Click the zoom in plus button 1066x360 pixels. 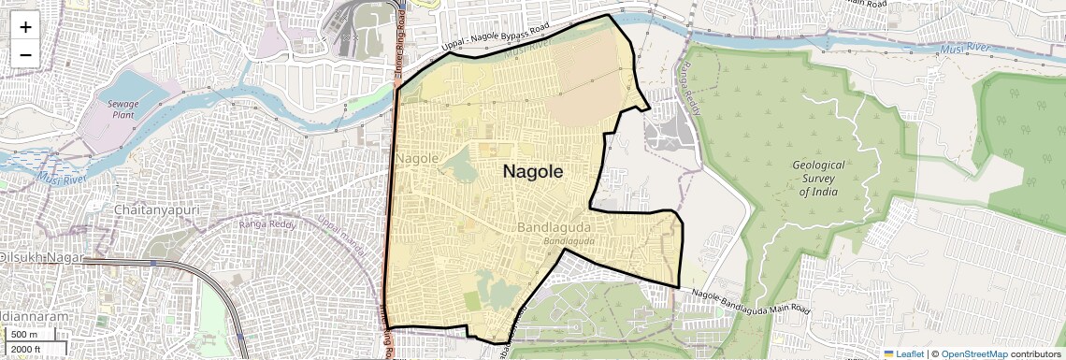(25, 27)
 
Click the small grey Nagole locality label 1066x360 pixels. (417, 159)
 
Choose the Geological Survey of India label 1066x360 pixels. (817, 178)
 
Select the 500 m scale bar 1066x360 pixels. (24, 334)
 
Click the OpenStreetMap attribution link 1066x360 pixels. (973, 353)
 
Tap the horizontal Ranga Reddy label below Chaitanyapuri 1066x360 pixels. (267, 223)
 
